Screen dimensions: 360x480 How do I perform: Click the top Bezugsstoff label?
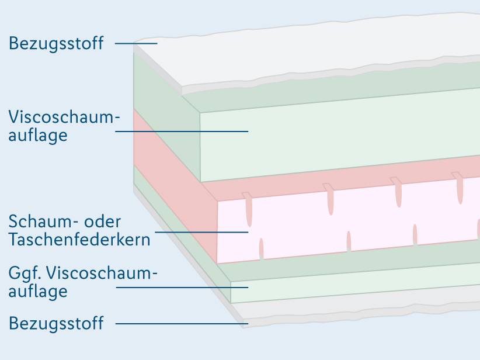point(56,43)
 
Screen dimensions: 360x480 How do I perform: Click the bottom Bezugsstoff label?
point(56,323)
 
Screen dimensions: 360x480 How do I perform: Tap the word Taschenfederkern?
point(79,239)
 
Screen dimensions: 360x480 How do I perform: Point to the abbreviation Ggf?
point(25,274)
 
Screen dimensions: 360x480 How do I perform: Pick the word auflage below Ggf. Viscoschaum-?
point(38,290)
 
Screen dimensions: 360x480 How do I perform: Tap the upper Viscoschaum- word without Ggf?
point(64,117)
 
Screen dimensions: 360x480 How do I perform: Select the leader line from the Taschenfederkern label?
point(201,232)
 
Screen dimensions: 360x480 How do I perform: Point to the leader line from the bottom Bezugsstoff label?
point(181,323)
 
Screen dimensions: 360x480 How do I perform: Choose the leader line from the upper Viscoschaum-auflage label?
point(182,131)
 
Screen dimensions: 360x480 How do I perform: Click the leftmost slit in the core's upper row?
point(249,211)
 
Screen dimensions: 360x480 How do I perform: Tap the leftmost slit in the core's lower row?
point(261,248)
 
